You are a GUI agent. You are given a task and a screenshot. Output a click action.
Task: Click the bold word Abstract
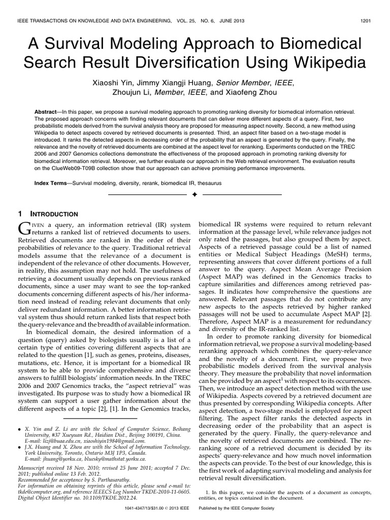48,111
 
